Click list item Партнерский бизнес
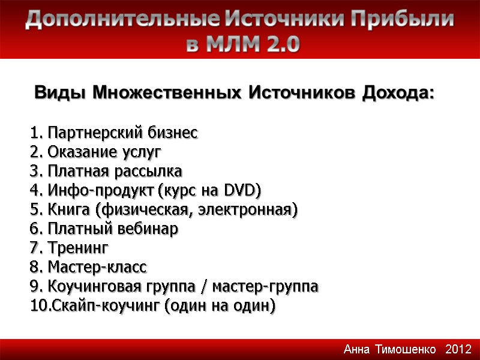[x=122, y=133]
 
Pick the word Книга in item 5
[x=68, y=209]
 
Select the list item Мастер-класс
[x=97, y=267]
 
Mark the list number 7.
[x=34, y=248]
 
